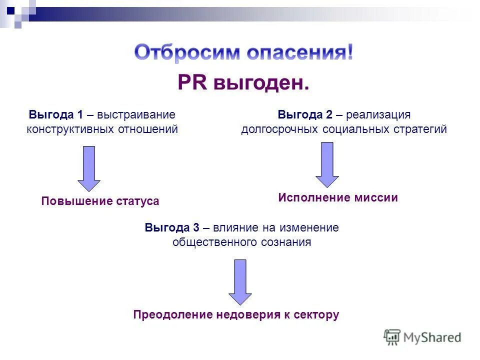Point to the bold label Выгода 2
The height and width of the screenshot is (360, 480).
click(305, 114)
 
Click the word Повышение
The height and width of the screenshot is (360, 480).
click(70, 201)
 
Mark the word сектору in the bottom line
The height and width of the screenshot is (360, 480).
click(318, 315)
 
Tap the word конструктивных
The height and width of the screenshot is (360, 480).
click(70, 129)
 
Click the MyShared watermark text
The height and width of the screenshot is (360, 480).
click(432, 337)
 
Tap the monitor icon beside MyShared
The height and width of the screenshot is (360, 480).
click(392, 337)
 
